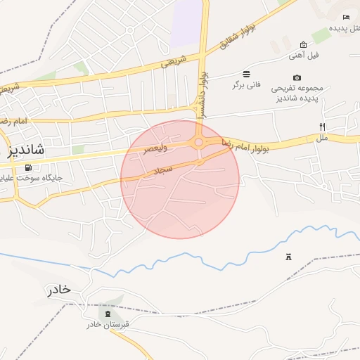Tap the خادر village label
tap(60, 290)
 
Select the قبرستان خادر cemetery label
tap(108, 324)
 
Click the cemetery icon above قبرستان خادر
tap(108, 314)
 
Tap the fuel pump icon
tap(28, 167)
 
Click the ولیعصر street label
tap(156, 148)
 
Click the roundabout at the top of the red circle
tap(199, 143)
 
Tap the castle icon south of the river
tap(288, 257)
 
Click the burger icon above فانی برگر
tap(246, 74)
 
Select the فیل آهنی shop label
tap(304, 55)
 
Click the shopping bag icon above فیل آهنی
tap(303, 44)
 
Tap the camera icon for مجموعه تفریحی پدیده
tap(297, 77)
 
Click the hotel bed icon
tap(346, 17)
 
